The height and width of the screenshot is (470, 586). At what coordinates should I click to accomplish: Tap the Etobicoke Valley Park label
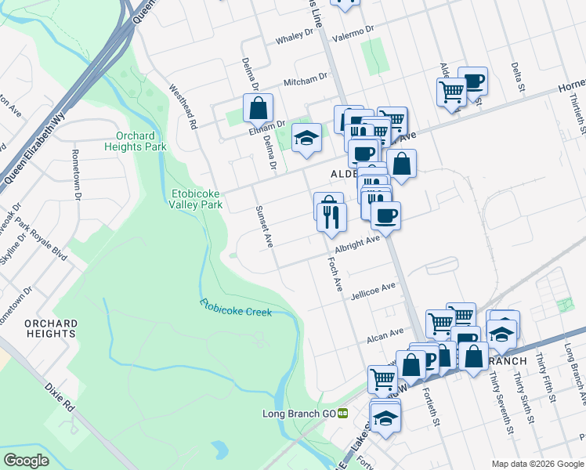[197, 199]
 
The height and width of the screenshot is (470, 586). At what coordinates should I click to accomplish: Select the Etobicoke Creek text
[235, 307]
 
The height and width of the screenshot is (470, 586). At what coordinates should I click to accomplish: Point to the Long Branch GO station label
[298, 413]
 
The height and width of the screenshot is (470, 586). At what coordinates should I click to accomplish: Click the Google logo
[26, 460]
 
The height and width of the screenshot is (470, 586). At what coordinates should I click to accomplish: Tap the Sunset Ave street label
[263, 227]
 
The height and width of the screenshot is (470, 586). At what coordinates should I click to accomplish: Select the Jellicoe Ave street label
[373, 290]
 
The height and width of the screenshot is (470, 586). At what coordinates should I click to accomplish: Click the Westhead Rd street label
[181, 110]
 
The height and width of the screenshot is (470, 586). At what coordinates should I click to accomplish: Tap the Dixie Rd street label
[60, 396]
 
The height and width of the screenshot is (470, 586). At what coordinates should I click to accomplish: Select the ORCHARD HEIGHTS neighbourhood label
[50, 328]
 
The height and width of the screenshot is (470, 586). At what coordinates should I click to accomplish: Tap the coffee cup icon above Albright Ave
[385, 215]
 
